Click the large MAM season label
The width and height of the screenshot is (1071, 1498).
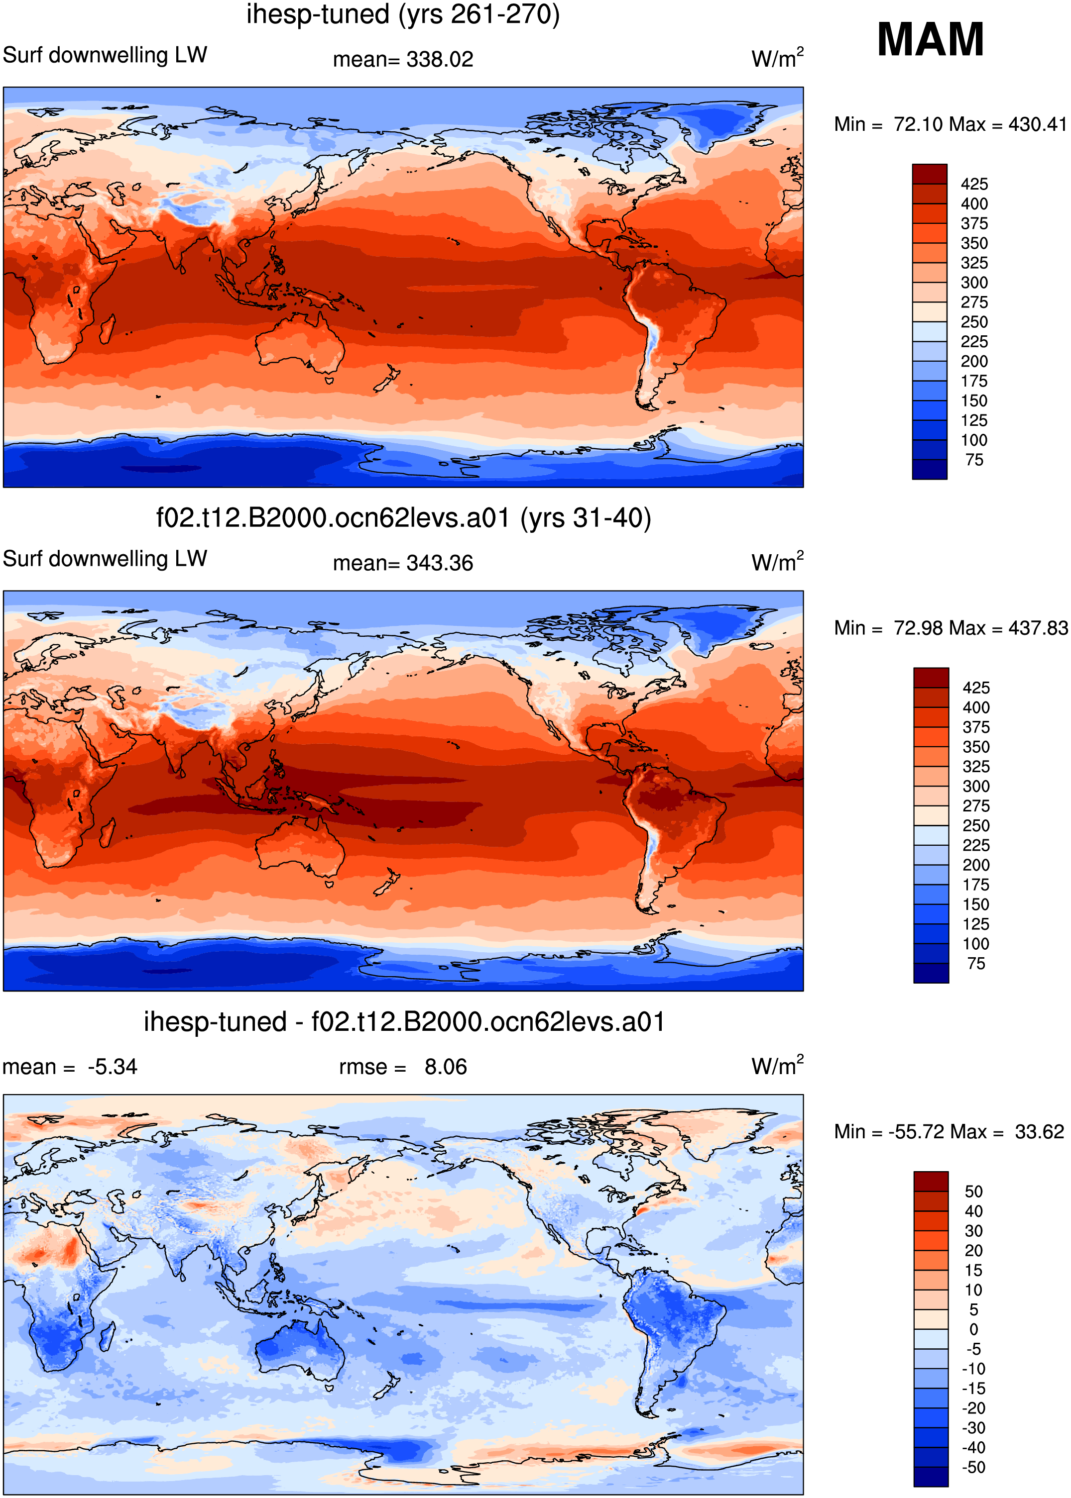pos(930,39)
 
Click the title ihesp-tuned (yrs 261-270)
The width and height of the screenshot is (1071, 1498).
pos(403,14)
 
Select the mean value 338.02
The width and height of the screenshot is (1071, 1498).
pos(440,59)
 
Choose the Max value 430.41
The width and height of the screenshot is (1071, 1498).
pos(1037,124)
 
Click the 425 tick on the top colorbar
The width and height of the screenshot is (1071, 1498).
pos(974,184)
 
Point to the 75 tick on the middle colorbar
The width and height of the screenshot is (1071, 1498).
pos(976,964)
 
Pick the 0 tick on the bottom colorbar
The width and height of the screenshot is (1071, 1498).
pos(973,1329)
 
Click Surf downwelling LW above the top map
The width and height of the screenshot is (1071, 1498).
pos(105,55)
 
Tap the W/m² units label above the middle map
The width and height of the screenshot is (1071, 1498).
pos(778,561)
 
